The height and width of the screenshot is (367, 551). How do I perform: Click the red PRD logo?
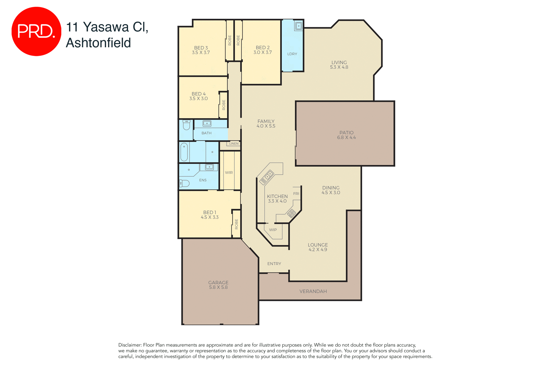click(x=36, y=31)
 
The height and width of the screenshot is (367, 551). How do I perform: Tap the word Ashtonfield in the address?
click(x=98, y=43)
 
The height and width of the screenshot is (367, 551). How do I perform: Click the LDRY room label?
click(x=292, y=54)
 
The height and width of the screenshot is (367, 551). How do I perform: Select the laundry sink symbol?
click(x=298, y=26)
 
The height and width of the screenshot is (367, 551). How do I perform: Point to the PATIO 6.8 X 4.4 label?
click(x=346, y=135)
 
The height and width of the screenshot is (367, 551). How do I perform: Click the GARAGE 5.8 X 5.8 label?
click(x=218, y=285)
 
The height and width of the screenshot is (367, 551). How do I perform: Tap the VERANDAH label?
click(x=313, y=291)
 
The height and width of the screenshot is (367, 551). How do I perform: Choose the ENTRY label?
click(x=274, y=264)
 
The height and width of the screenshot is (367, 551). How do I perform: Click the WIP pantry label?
click(x=273, y=230)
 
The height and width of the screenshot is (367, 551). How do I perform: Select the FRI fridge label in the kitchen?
click(x=296, y=194)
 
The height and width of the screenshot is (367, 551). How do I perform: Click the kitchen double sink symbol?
click(x=267, y=177)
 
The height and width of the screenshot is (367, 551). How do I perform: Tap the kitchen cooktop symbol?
click(x=291, y=213)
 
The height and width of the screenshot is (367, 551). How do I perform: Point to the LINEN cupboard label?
click(x=234, y=144)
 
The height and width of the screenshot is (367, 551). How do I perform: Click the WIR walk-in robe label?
click(x=229, y=173)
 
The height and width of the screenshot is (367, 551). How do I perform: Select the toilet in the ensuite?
click(x=184, y=183)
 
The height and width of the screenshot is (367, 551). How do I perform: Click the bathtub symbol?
click(x=184, y=152)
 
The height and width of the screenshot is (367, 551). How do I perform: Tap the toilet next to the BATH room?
click(x=186, y=125)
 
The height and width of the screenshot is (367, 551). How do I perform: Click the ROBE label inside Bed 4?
click(x=224, y=105)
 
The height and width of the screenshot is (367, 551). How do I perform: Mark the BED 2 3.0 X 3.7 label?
click(x=263, y=50)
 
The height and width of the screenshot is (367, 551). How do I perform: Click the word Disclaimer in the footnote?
click(x=130, y=345)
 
